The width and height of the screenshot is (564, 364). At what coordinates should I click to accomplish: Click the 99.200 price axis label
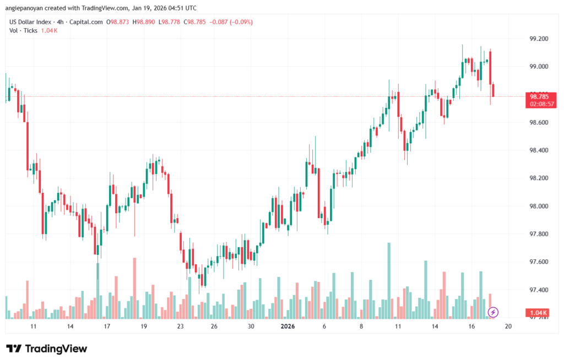(538, 39)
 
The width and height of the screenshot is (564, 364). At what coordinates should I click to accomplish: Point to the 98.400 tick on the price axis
(538, 150)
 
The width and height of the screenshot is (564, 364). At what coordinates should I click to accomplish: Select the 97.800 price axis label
(538, 234)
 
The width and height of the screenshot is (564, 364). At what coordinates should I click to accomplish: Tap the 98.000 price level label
(538, 206)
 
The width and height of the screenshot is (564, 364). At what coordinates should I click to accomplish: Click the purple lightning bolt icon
(493, 312)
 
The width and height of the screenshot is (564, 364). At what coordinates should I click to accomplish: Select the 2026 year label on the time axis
(288, 327)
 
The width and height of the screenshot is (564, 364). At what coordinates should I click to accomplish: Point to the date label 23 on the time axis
(180, 327)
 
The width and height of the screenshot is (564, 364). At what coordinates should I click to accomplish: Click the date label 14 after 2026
(435, 327)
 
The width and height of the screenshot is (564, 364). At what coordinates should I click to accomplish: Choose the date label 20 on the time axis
(508, 327)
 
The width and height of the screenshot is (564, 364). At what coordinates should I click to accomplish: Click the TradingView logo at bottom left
(47, 349)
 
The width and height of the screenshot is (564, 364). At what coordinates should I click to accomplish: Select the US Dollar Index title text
(31, 22)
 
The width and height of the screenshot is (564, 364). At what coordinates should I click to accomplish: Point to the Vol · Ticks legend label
(24, 30)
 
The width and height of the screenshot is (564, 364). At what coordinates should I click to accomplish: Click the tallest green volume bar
(389, 280)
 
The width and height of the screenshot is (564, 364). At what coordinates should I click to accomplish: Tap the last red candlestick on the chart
(493, 90)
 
